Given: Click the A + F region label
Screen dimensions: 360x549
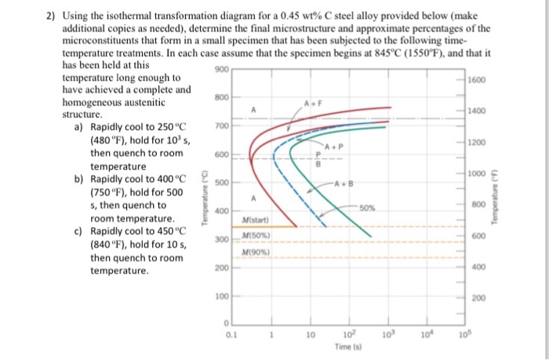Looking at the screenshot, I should click(314, 102).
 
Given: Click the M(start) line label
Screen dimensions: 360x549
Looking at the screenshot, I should click(256, 220).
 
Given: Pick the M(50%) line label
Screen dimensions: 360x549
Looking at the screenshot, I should click(256, 237).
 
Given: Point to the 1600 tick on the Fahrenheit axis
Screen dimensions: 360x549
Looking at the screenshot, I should click(475, 81).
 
